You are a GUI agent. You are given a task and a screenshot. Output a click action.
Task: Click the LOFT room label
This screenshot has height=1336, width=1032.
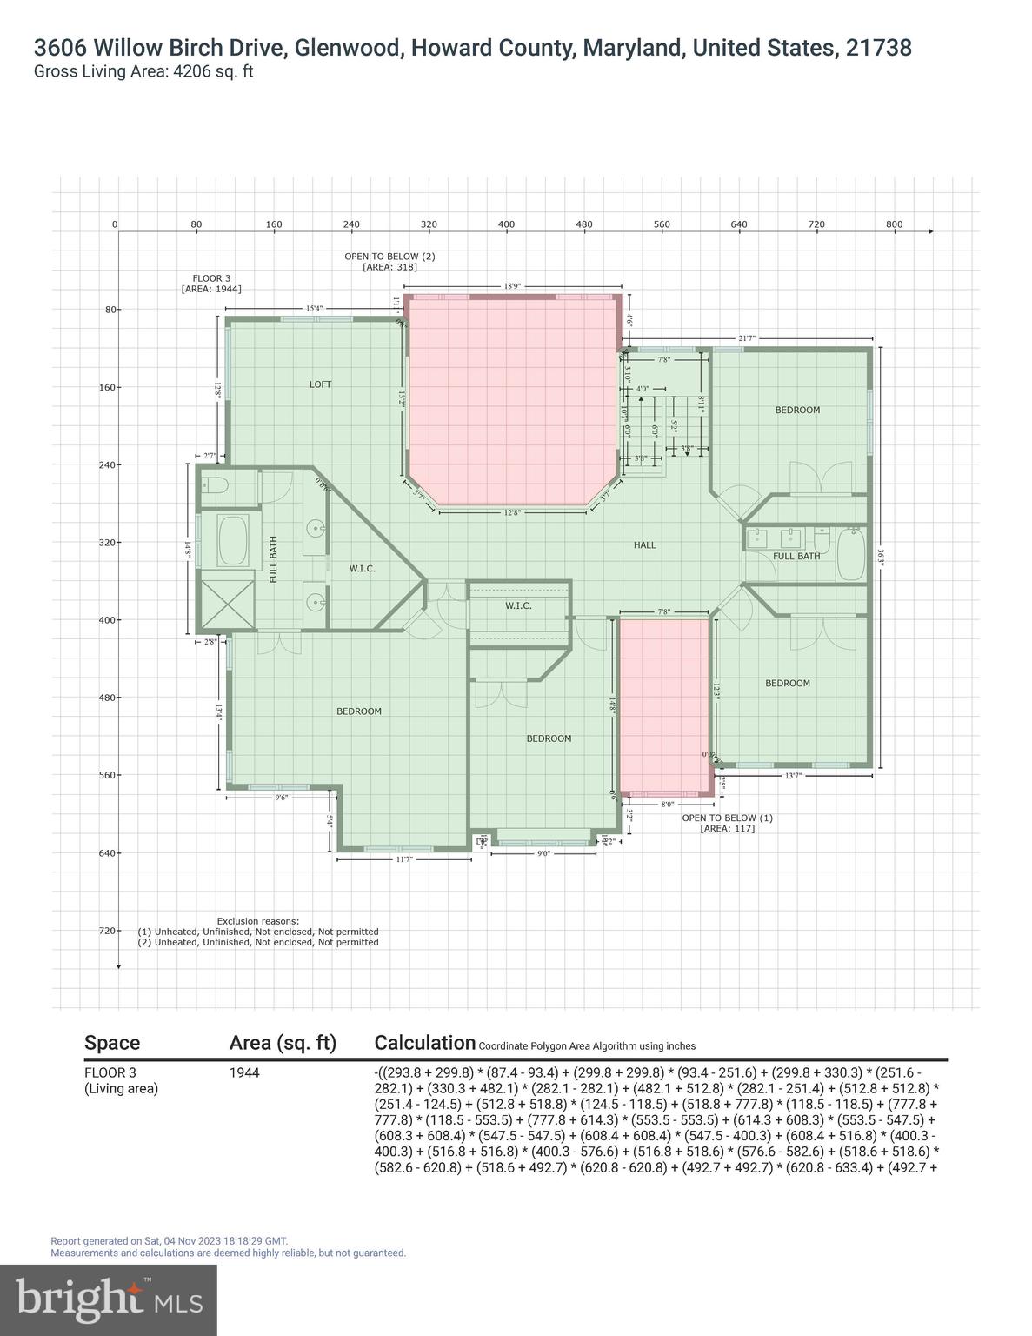point(320,384)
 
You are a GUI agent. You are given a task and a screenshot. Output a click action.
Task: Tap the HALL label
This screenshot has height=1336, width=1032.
point(644,545)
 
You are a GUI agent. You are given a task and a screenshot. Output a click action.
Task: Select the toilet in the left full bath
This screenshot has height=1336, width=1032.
point(214,485)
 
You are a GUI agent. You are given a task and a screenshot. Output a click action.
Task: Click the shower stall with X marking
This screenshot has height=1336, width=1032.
point(226,601)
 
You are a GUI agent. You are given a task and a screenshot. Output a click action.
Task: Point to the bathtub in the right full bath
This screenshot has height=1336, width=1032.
point(850,554)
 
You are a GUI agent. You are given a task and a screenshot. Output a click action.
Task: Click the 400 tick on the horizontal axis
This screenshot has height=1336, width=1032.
point(506,224)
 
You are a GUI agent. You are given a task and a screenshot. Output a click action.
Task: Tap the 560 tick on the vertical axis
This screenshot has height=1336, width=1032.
point(107,775)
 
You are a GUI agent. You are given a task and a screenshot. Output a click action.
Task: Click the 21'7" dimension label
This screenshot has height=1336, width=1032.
point(747,337)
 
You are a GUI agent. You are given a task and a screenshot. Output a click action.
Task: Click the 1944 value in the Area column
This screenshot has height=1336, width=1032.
point(244,1073)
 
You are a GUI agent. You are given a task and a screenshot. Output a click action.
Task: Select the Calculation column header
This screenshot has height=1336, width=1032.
point(424,1043)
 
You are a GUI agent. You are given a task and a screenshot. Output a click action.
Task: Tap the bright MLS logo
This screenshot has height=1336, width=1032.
point(109,1299)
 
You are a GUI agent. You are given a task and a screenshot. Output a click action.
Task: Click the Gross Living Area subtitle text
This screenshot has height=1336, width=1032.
point(143,72)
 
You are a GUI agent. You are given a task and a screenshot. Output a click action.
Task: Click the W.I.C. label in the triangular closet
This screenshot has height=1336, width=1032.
point(363,569)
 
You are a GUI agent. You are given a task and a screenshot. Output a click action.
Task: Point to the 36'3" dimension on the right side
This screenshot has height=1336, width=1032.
point(881,558)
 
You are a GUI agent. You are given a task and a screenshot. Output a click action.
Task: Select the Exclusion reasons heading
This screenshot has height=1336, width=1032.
point(257,920)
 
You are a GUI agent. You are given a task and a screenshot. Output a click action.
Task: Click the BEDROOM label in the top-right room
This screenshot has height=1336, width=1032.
point(797,410)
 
